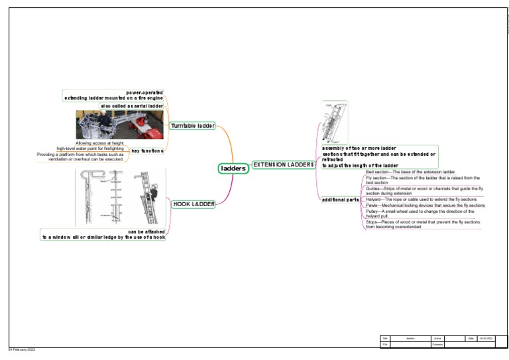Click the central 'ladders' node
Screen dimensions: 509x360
pos(233,168)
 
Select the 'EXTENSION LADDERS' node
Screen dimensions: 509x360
pos(283,164)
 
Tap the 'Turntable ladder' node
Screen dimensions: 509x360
pos(192,126)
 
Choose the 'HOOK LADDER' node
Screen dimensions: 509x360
pos(194,204)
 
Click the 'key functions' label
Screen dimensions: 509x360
pos(147,150)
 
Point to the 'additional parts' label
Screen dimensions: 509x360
pos(340,200)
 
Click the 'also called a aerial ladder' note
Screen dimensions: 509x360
pos(131,106)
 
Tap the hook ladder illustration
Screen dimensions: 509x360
pos(121,198)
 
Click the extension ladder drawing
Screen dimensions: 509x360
pos(335,122)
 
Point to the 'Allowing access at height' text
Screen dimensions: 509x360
pos(99,143)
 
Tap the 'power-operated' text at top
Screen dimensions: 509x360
pos(144,92)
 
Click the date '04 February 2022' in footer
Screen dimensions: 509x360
pos(21,349)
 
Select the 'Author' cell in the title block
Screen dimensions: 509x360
pos(437,339)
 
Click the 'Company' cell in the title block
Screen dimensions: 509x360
pos(437,345)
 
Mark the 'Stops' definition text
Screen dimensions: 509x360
pos(422,223)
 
